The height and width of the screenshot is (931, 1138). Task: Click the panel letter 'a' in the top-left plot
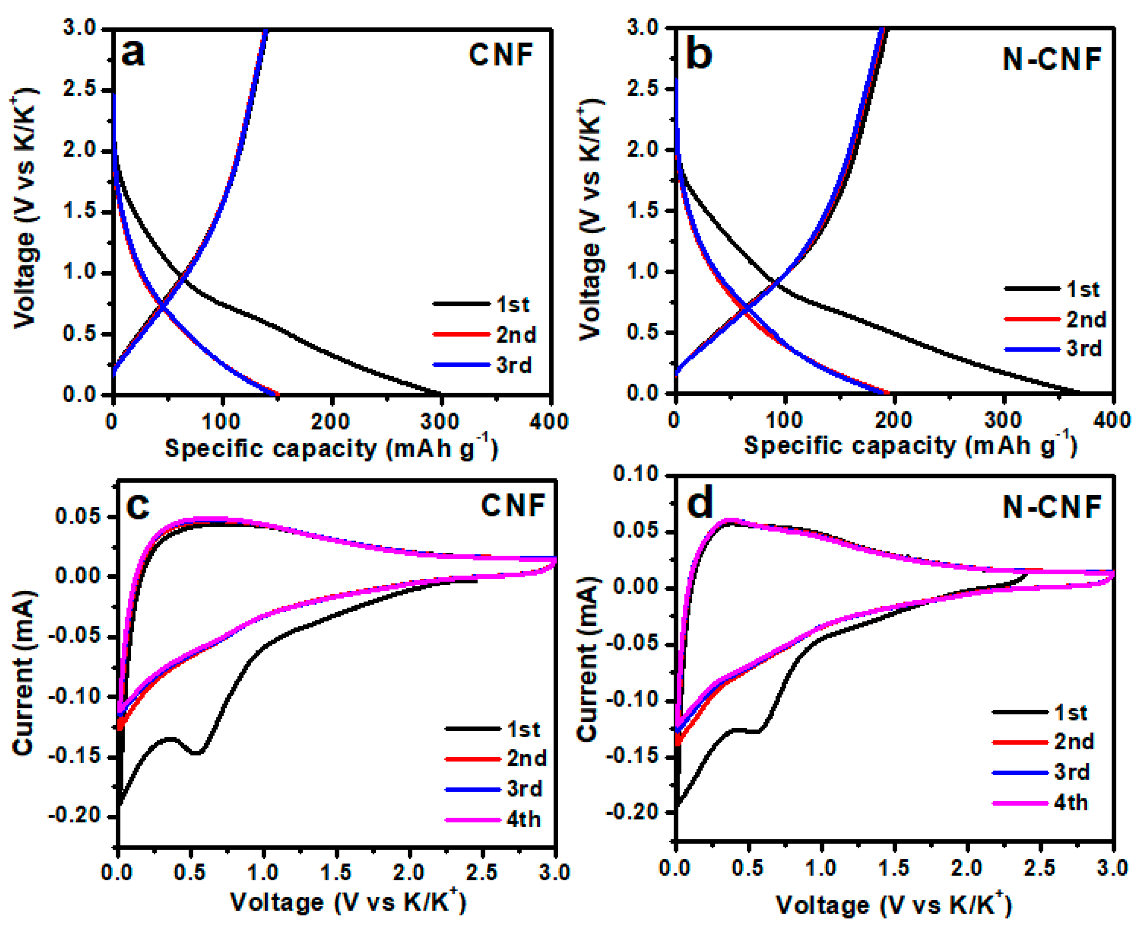[x=133, y=54]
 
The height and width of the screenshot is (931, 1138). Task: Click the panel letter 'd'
[x=700, y=504]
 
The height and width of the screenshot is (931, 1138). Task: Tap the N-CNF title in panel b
[x=1051, y=59]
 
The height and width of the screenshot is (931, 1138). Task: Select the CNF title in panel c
[x=513, y=505]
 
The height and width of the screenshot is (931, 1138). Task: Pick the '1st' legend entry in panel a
[x=512, y=305]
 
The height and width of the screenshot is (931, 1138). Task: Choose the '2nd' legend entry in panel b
[x=1085, y=320]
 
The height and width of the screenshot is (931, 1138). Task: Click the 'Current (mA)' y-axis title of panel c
[x=24, y=673]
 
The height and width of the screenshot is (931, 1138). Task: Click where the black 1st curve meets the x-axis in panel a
[x=440, y=394]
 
